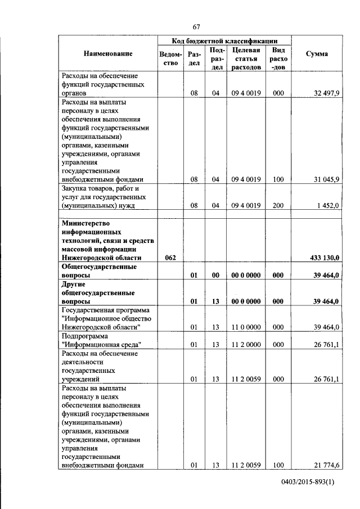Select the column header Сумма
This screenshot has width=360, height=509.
point(317,54)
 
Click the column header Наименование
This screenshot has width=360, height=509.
point(108,54)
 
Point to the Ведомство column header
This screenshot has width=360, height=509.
point(170,58)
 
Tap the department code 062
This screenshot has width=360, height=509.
point(171,258)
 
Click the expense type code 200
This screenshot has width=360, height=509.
point(277,206)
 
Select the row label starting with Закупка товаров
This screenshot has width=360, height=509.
point(107,197)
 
